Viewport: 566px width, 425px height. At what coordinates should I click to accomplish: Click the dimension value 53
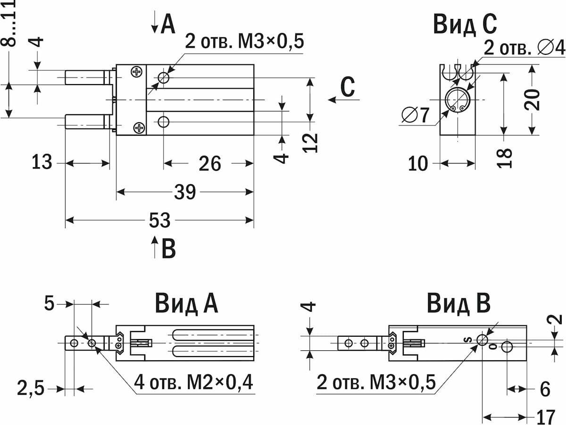click(x=160, y=220)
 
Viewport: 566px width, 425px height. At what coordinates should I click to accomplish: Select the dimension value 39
click(x=185, y=192)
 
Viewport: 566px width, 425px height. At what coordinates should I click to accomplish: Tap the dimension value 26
click(x=210, y=163)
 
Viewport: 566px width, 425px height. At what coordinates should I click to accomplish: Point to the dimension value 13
click(x=42, y=162)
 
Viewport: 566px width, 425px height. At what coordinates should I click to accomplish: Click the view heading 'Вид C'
click(x=465, y=25)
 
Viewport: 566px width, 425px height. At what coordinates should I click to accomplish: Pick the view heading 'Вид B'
click(x=459, y=304)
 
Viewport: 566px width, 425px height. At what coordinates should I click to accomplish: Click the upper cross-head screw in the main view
click(x=137, y=71)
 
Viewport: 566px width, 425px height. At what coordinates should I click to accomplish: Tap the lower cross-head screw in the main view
click(x=139, y=127)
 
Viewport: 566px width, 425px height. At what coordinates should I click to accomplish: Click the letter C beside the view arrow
click(x=348, y=87)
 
